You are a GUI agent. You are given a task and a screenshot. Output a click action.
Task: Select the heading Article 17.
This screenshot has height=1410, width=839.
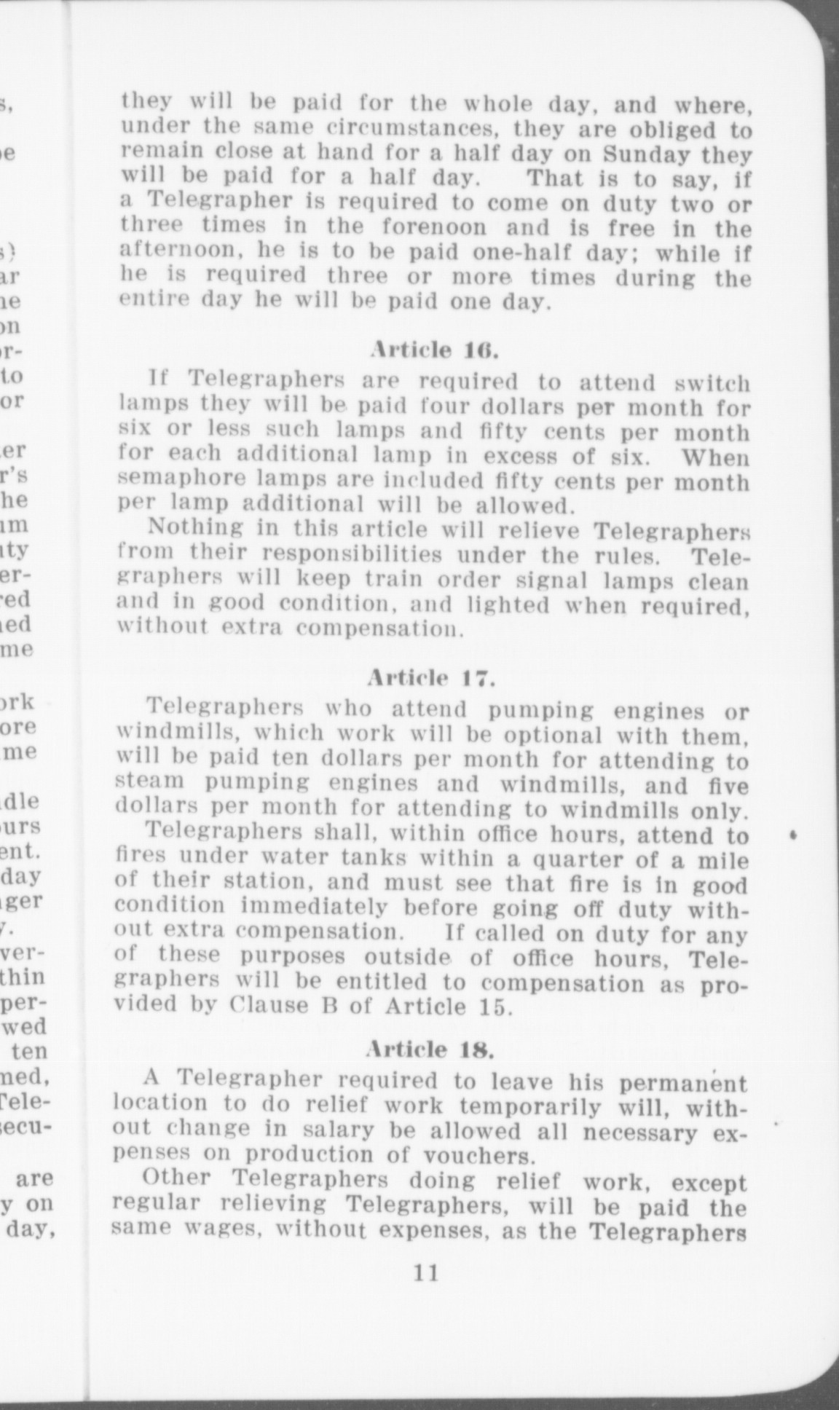click(432, 679)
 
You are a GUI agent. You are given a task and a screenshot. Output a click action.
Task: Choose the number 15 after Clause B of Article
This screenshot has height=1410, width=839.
click(494, 1007)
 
